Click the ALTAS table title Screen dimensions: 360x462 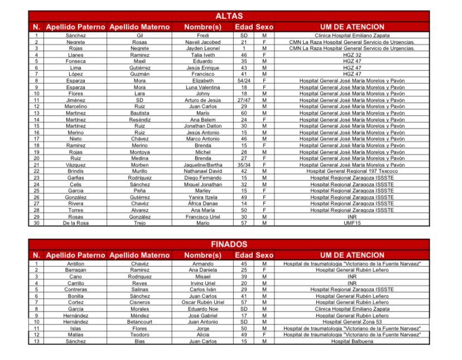point(229,16)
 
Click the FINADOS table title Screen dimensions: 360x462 point(229,244)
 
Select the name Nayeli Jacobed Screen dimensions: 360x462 point(203,42)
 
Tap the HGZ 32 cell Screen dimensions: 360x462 point(352,55)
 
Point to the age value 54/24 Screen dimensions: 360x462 point(244,80)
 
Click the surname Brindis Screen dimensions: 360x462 point(76,171)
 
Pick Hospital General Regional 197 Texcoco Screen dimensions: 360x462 point(352,171)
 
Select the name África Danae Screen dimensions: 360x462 point(203,203)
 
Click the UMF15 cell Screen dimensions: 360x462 point(352,223)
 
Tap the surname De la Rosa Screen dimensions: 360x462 point(76,223)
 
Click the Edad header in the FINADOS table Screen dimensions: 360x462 point(244,255)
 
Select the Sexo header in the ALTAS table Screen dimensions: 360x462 point(264,27)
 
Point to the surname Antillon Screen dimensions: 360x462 point(76,263)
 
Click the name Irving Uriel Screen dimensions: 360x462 point(203,283)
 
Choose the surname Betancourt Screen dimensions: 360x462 point(139,321)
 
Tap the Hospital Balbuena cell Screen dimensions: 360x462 point(352,341)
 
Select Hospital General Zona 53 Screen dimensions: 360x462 point(352,321)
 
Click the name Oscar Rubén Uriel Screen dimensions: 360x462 point(203,302)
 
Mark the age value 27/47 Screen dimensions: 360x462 point(244,100)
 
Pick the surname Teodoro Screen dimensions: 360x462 point(139,334)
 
